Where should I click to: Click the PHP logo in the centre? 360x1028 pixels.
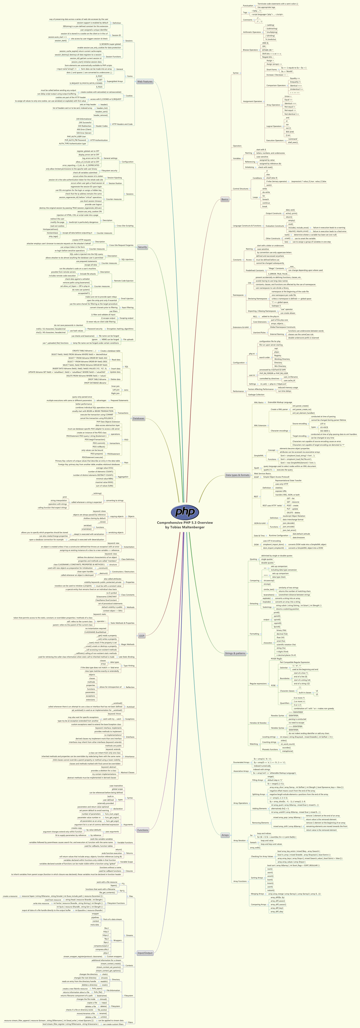(185, 512)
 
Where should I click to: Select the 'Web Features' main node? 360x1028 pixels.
(145, 81)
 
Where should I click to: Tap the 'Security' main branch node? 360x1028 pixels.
(142, 247)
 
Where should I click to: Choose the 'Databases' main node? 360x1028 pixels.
(138, 418)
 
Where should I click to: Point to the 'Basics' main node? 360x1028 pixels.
(225, 199)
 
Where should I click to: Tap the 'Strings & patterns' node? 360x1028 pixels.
(235, 653)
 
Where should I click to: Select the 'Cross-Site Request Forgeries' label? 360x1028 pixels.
(121, 245)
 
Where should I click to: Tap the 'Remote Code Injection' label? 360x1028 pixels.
(124, 281)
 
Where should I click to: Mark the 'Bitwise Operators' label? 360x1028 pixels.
(250, 50)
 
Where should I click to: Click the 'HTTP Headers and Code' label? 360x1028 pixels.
(122, 124)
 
